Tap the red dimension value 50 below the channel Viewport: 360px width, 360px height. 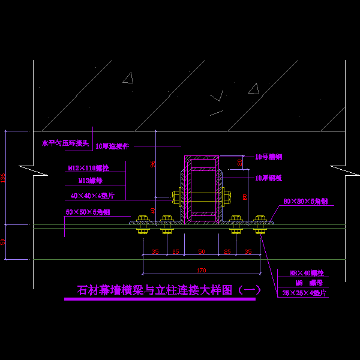201,251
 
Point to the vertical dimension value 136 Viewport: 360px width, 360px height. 4,178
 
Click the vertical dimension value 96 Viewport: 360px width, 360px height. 153,164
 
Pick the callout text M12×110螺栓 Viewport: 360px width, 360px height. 88,169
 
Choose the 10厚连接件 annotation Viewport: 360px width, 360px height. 112,146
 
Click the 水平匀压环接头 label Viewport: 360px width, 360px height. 65,143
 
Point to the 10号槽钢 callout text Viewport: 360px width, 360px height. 268,157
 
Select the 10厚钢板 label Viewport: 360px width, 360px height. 269,178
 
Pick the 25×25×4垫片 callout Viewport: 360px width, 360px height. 304,293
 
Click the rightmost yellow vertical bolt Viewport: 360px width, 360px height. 260,224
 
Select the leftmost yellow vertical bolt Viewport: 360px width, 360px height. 142,224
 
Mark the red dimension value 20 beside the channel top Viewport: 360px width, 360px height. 240,161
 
